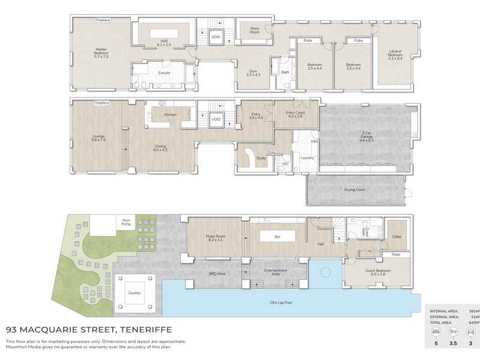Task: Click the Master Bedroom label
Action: [101, 53]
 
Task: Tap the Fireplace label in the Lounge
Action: [101, 103]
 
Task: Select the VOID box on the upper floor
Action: [215, 37]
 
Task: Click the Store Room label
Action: [254, 30]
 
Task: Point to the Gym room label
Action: [253, 73]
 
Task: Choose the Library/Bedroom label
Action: [395, 55]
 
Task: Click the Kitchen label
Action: [170, 115]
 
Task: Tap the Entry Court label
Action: [295, 115]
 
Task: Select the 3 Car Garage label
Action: [367, 137]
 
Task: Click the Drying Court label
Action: [354, 190]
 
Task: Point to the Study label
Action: [261, 158]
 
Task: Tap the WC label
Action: [286, 164]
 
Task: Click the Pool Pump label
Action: [126, 222]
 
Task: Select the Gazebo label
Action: [134, 293]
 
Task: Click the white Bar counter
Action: [277, 236]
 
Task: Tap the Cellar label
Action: [397, 236]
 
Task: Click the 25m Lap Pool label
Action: [281, 302]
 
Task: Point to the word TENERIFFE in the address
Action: [146, 329]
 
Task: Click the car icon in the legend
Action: [470, 332]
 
